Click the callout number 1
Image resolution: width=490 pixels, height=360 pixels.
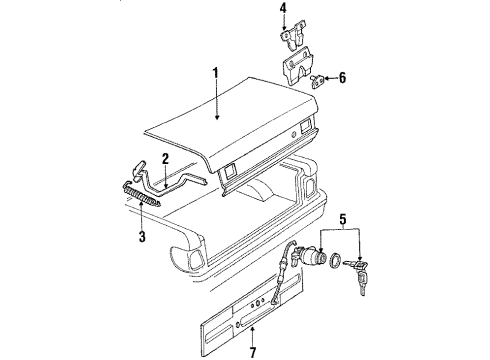[x=216, y=72]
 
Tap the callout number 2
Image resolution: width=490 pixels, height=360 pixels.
[x=165, y=159]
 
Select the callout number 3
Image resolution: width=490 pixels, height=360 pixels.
[x=142, y=237]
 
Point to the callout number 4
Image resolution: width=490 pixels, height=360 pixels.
[x=283, y=8]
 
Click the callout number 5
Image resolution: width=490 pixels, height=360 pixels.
[x=343, y=219]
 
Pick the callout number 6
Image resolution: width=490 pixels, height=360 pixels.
[x=342, y=78]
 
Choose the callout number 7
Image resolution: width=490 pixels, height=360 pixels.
[x=253, y=352]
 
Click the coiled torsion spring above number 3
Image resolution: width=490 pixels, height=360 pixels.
[x=142, y=194]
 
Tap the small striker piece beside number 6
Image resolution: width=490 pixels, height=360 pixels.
[x=318, y=81]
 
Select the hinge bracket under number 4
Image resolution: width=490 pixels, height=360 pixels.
[x=292, y=36]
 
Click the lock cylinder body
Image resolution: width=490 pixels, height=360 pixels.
[x=306, y=256]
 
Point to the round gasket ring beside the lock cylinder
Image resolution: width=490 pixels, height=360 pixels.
[x=335, y=260]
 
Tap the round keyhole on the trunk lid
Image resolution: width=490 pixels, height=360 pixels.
[x=293, y=134]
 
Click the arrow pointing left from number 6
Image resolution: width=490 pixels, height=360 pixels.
[x=331, y=78]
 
